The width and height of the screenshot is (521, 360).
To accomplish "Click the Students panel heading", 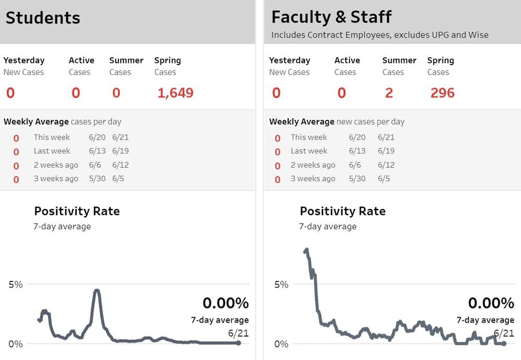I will click(43, 18).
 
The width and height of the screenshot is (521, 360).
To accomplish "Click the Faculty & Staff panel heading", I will click(331, 17).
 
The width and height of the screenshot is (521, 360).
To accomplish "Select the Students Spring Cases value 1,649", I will click(175, 93).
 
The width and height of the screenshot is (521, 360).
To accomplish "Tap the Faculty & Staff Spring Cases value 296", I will click(442, 93).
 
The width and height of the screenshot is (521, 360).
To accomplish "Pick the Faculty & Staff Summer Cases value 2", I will click(389, 93).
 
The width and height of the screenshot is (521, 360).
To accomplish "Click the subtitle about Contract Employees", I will click(380, 35).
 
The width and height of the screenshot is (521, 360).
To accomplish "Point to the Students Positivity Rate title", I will click(77, 211).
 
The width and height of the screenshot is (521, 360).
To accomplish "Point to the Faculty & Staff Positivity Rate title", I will click(342, 211).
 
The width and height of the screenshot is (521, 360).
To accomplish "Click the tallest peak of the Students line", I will click(96, 291).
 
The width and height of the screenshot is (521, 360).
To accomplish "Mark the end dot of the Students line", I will click(239, 343).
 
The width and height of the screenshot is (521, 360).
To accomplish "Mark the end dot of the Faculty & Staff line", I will click(504, 343).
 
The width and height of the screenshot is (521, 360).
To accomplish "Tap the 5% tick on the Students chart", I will click(16, 284).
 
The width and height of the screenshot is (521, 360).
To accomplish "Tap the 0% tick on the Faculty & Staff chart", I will click(281, 344).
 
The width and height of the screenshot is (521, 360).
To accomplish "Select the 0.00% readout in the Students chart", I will click(225, 303).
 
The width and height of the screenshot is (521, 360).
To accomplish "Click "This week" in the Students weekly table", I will click(52, 138).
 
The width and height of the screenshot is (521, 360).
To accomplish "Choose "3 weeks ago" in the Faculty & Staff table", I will click(313, 179).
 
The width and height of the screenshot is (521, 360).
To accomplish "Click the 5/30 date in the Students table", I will click(97, 179).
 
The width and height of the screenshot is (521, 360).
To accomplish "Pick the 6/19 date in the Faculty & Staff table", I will click(386, 151).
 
